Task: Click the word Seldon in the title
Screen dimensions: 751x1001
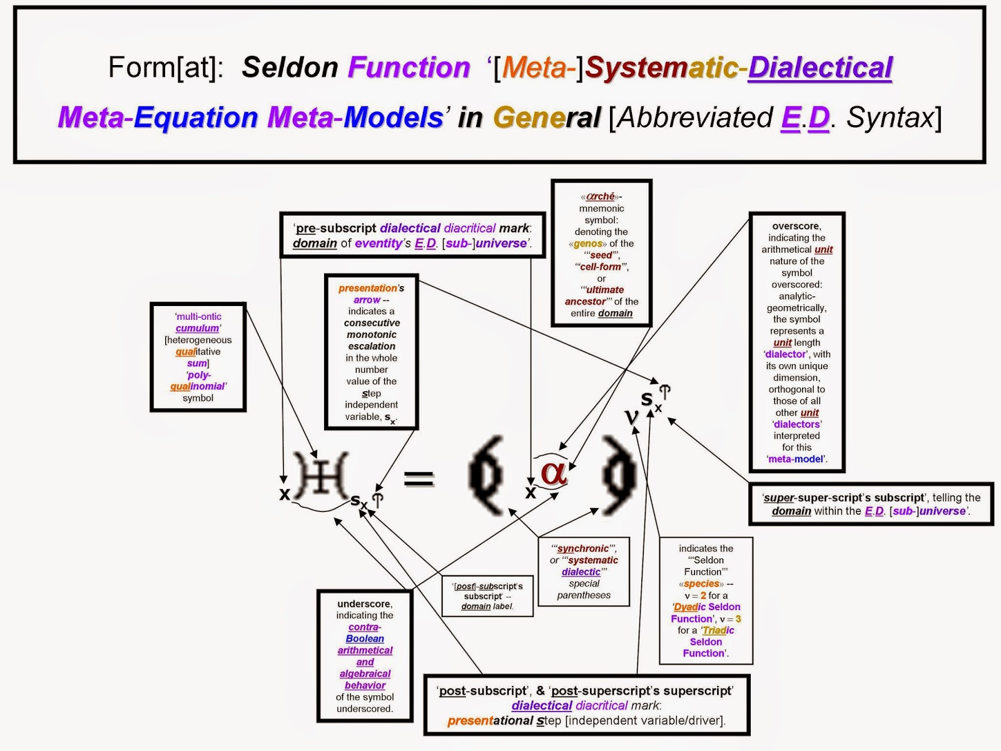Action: click(x=290, y=68)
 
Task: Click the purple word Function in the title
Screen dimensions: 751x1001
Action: click(x=409, y=68)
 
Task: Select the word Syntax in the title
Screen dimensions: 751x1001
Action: click(x=892, y=118)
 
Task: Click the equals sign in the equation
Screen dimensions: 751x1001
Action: click(x=419, y=479)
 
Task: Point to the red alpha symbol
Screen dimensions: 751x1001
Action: click(x=554, y=473)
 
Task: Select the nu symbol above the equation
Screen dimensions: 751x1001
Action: click(x=633, y=416)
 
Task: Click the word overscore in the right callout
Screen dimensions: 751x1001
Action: click(x=796, y=226)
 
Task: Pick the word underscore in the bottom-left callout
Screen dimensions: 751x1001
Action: click(x=364, y=604)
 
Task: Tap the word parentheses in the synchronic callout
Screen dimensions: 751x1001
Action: click(x=584, y=595)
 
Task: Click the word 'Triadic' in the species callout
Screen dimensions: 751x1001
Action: click(x=718, y=630)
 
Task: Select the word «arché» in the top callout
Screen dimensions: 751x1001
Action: click(x=601, y=197)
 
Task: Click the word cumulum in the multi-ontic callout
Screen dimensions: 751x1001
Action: click(x=197, y=329)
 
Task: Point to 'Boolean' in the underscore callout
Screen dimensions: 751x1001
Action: click(x=365, y=639)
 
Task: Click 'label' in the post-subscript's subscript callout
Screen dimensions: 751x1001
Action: click(x=502, y=606)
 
